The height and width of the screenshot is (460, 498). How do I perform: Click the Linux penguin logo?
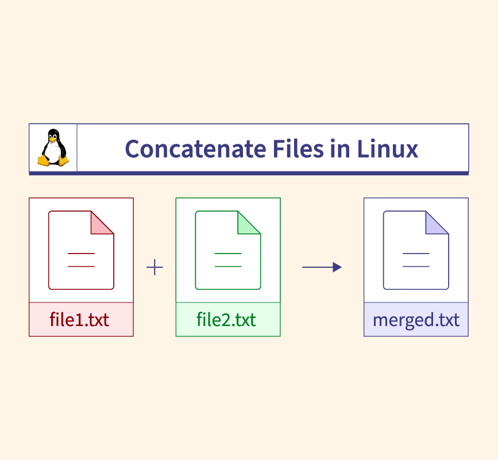53,148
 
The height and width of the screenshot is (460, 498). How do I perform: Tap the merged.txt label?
416,319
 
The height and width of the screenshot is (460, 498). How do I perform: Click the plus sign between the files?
155,267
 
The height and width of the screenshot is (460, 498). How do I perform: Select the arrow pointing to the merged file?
322,267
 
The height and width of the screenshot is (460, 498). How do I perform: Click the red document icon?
81,250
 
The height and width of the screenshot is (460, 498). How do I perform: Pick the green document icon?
228,250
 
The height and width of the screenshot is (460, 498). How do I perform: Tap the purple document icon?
416,250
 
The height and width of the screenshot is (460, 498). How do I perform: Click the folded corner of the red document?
101,224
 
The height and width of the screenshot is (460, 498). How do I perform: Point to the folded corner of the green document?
248,224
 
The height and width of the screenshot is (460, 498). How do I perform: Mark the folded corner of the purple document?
435,224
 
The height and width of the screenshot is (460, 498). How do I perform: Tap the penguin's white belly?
53,152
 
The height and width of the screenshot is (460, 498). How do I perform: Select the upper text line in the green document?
228,253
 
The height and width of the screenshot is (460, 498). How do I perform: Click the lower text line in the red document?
81,266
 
